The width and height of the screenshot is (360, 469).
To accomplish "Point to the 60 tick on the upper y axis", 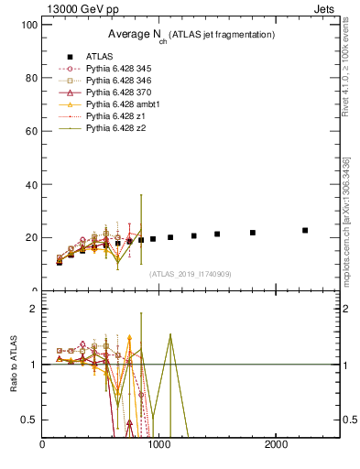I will click(x=30, y=131).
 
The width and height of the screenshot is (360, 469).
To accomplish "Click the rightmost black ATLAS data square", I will click(x=305, y=230).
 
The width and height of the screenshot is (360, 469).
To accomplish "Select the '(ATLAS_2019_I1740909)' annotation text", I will click(x=191, y=274).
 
